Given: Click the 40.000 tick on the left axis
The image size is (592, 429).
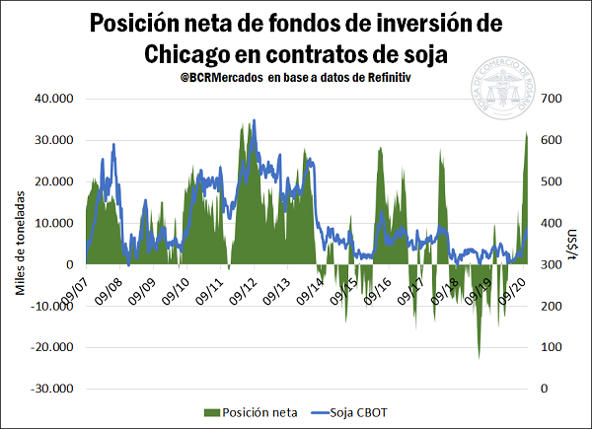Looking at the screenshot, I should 55,99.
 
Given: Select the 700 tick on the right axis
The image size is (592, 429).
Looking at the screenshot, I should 551,99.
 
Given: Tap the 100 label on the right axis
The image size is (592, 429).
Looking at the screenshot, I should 551,347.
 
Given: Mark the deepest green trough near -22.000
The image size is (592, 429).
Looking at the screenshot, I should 480,356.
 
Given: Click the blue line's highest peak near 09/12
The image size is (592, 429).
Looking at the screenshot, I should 254,121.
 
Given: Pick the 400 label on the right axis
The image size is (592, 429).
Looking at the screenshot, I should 551,223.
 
